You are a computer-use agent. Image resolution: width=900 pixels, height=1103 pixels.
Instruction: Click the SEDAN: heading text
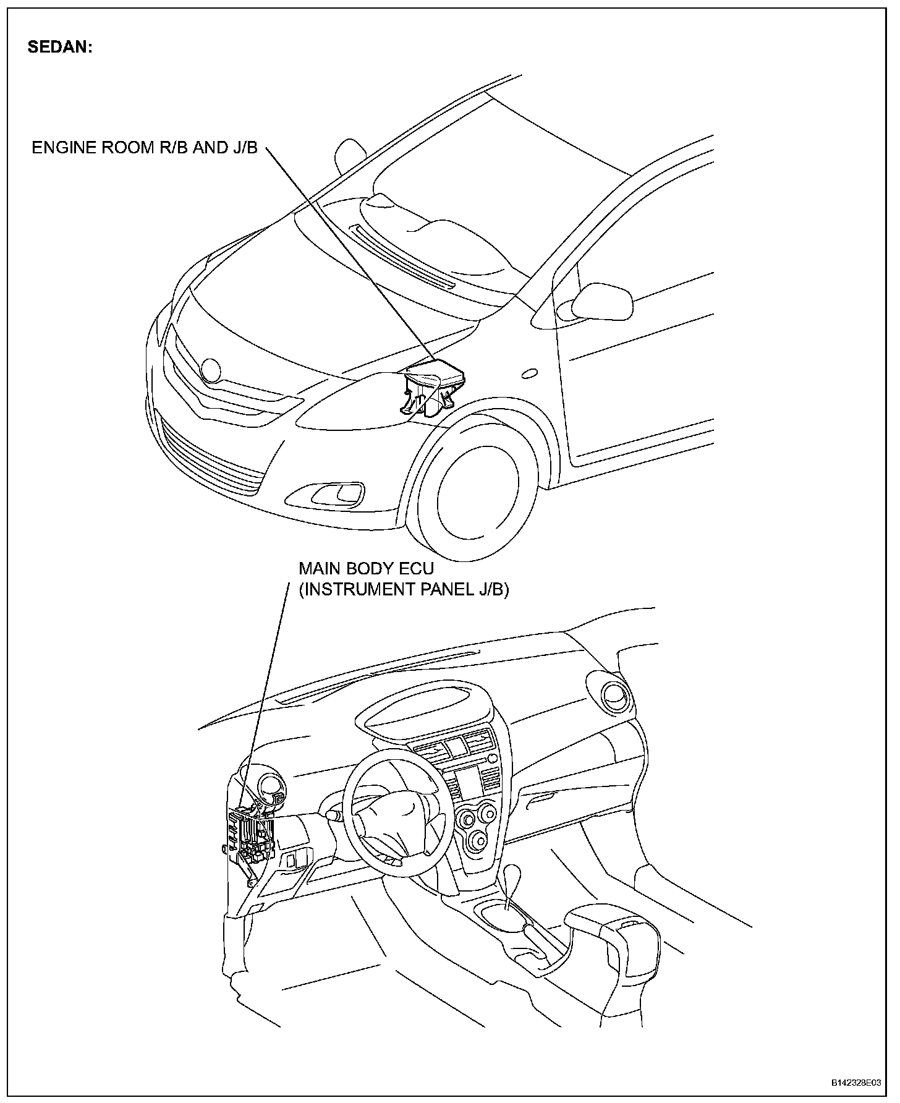[60, 48]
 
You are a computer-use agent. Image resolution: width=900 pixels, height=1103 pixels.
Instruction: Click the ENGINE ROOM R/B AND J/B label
[145, 148]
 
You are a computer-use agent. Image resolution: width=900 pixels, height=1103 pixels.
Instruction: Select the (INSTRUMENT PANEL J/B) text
[404, 590]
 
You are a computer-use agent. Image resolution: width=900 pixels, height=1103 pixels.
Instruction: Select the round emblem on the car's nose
[210, 370]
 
